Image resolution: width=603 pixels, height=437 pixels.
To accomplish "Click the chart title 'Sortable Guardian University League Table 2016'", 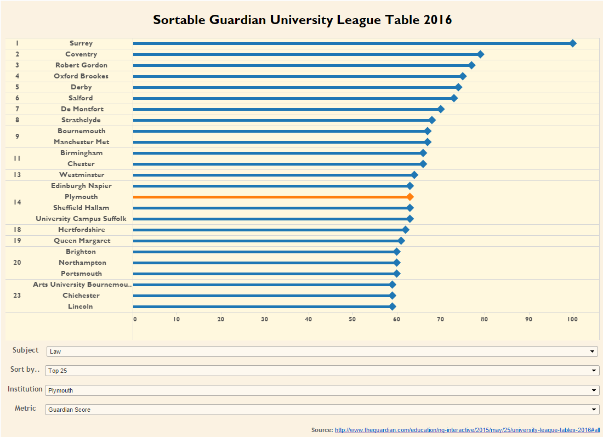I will [302, 20].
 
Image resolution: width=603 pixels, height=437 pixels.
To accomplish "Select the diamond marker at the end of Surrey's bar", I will [573, 43].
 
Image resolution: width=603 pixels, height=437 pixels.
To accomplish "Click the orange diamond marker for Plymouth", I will [410, 197].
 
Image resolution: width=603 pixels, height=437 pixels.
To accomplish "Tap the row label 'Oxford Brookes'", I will [81, 76].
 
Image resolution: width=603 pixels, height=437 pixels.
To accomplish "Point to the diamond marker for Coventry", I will [480, 54].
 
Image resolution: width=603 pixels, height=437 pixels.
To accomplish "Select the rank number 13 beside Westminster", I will [17, 175].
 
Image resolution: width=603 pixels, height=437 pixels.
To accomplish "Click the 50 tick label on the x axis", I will [352, 319].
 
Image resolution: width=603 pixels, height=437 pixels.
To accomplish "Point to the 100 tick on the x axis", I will [573, 319].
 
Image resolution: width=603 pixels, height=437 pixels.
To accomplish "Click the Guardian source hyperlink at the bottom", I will [468, 430].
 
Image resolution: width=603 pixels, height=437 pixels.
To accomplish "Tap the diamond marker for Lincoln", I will [392, 307].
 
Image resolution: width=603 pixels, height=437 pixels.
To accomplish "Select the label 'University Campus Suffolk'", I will [81, 219].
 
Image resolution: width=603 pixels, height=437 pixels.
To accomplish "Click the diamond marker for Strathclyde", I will [432, 120].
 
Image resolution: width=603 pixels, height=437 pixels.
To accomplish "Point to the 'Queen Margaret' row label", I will [82, 241].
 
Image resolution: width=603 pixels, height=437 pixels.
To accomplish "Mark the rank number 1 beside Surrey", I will [17, 43].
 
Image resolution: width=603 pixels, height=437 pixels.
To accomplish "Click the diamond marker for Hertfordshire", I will [406, 230].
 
